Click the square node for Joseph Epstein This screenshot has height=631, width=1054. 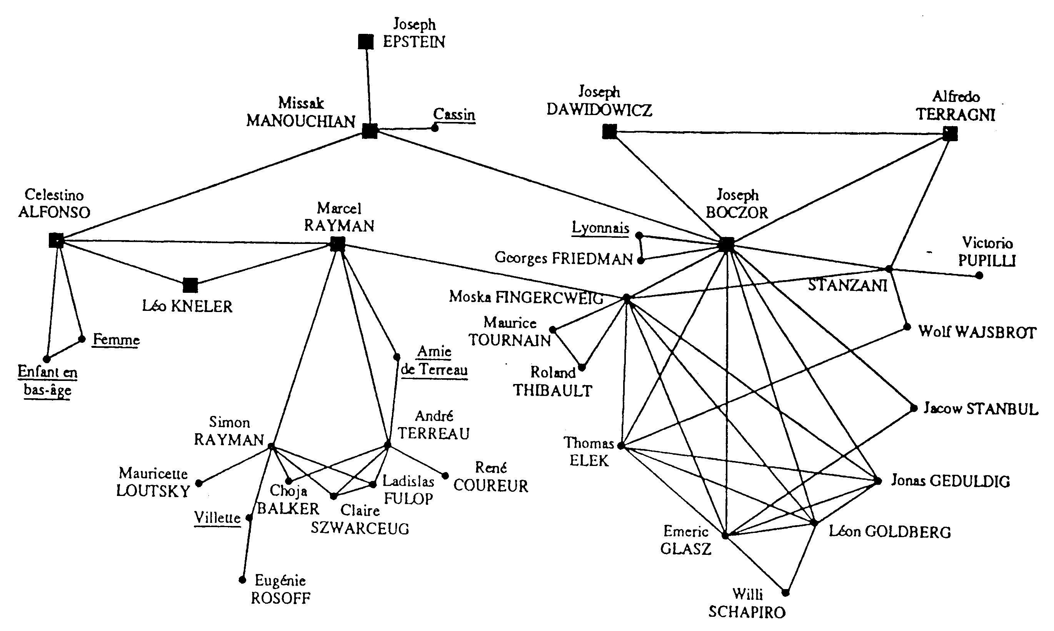[x=365, y=42]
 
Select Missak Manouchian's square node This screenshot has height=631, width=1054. [x=370, y=131]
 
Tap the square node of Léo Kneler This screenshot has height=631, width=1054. [x=190, y=285]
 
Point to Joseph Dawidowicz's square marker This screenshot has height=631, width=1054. [x=609, y=132]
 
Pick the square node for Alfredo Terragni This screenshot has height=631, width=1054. [x=950, y=134]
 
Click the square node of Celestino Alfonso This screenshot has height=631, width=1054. [x=56, y=240]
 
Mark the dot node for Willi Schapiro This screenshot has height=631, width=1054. [x=785, y=592]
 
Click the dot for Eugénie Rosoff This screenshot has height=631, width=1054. [x=242, y=579]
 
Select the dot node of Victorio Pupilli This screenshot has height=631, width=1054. [x=979, y=275]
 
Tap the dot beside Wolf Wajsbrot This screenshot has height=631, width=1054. [x=907, y=327]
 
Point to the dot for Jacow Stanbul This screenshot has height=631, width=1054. [x=914, y=408]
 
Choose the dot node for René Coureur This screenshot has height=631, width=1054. [x=445, y=476]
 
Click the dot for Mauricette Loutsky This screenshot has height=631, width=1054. [x=198, y=483]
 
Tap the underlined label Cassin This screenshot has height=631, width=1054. [x=454, y=114]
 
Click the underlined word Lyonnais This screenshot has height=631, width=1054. [x=600, y=228]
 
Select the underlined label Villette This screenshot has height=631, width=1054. [x=217, y=518]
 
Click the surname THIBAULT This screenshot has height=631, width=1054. [x=552, y=391]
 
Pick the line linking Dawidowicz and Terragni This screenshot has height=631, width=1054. [x=778, y=133]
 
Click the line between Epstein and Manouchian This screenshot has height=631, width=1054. [x=368, y=85]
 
